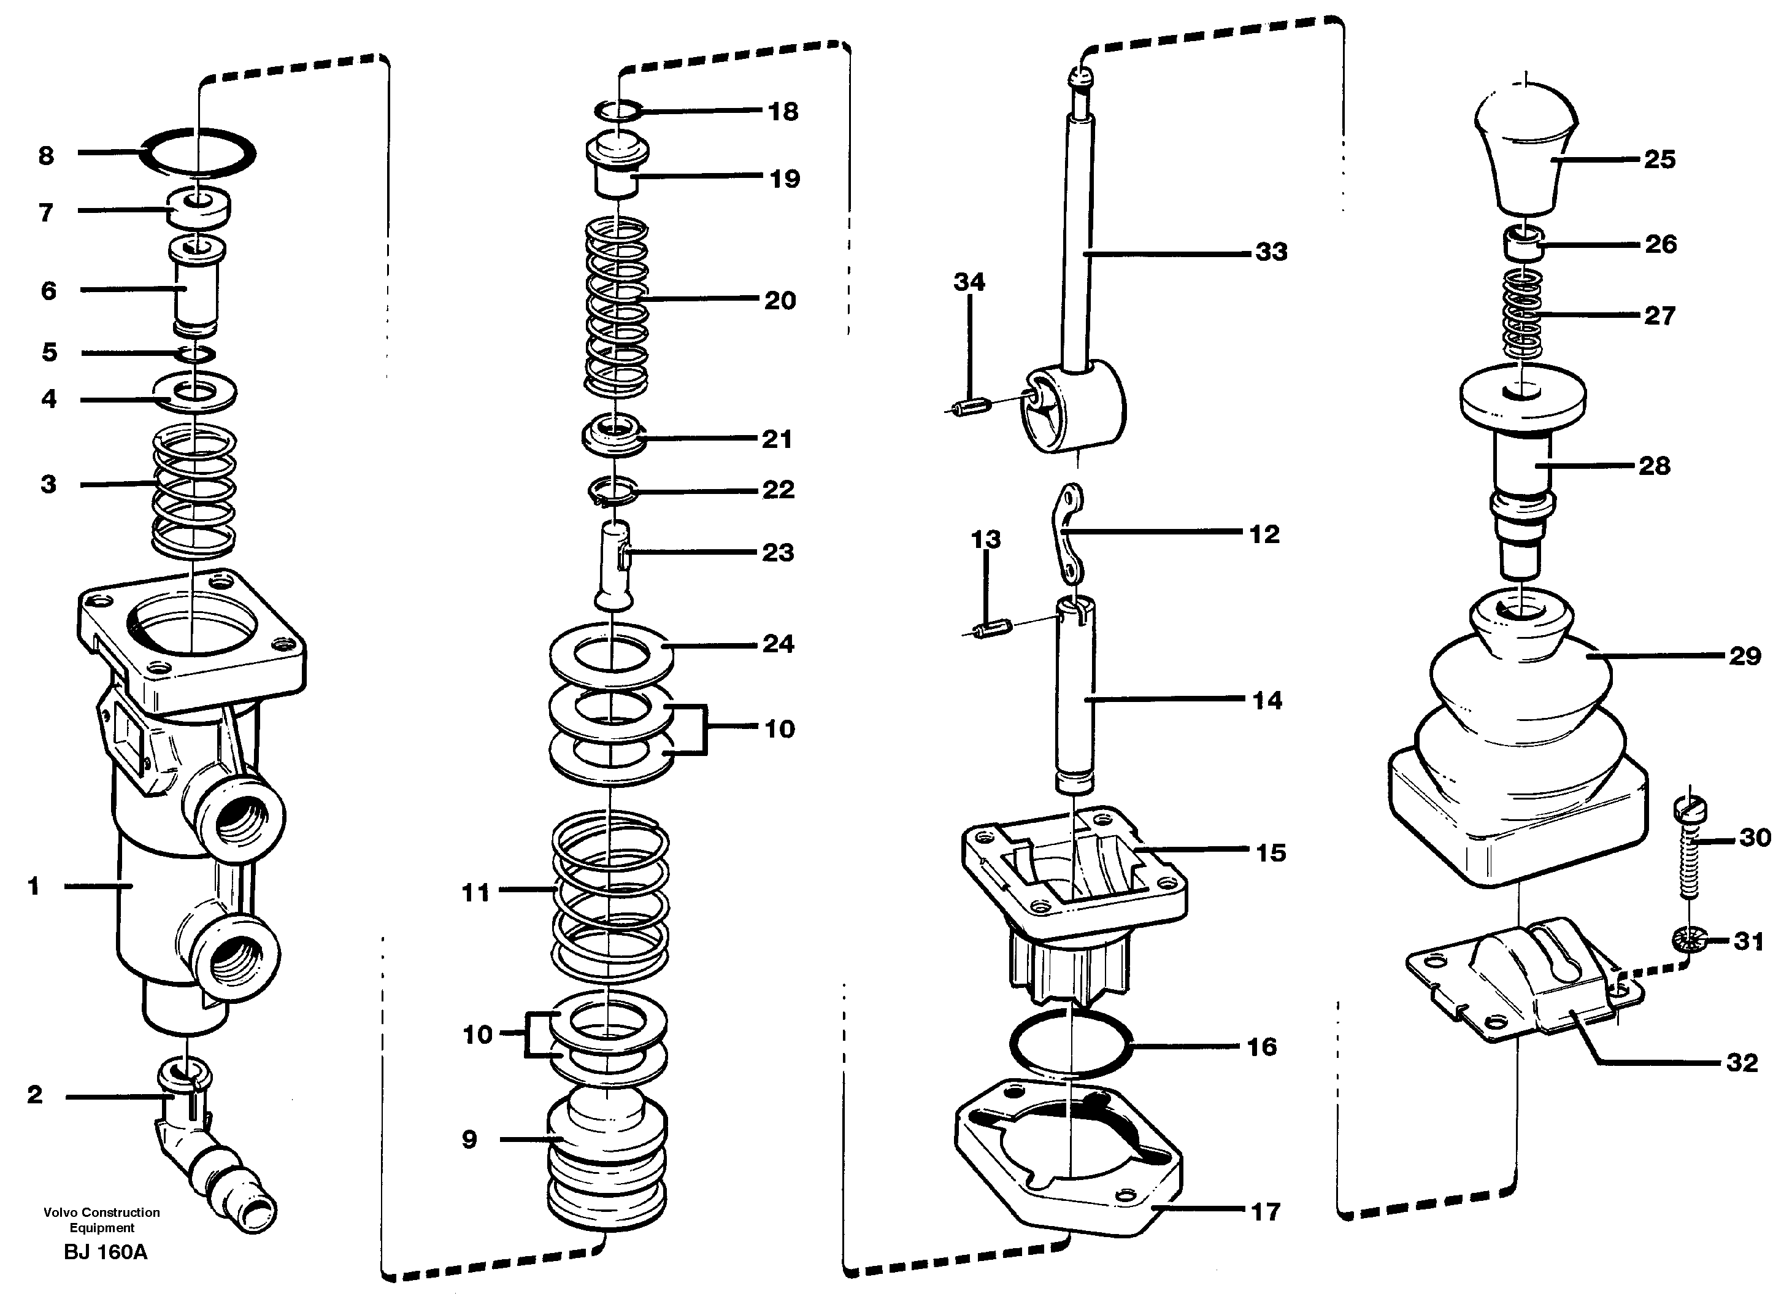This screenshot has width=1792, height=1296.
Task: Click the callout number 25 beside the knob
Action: (1659, 159)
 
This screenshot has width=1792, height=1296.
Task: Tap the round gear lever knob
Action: (1526, 150)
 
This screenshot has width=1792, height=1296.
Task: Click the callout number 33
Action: (1271, 252)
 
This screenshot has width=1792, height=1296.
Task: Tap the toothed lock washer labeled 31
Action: (1690, 940)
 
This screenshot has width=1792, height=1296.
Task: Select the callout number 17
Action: (1265, 1211)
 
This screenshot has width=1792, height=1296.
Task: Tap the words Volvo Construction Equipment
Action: (102, 1220)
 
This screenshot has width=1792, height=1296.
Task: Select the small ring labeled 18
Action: (617, 110)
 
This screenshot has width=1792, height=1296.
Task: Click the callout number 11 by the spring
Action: (475, 892)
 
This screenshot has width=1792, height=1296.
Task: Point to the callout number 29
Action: (1745, 655)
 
